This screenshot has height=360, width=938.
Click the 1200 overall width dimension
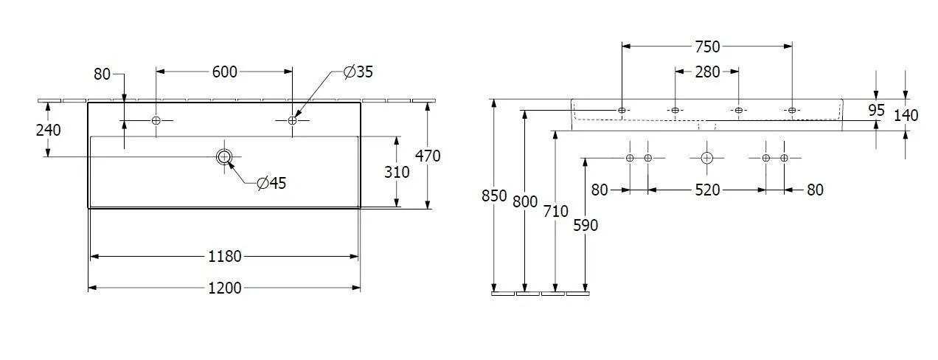pyautogui.click(x=225, y=288)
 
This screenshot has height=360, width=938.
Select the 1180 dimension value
pyautogui.click(x=225, y=256)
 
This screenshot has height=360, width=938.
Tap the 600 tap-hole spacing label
pyautogui.click(x=224, y=72)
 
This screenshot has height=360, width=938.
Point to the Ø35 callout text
pyautogui.click(x=358, y=72)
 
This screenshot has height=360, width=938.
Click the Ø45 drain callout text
pyautogui.click(x=271, y=183)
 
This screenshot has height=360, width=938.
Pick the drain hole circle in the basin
pyautogui.click(x=224, y=157)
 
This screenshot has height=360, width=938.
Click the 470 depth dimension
pyautogui.click(x=428, y=156)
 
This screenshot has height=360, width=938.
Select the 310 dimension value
pyautogui.click(x=397, y=172)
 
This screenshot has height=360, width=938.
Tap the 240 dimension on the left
pyautogui.click(x=48, y=130)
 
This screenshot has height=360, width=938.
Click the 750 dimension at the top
pyautogui.click(x=707, y=46)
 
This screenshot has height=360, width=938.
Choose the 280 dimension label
pyautogui.click(x=707, y=72)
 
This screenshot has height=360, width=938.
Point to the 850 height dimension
pyautogui.click(x=494, y=195)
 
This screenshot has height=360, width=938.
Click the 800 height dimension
pyautogui.click(x=525, y=201)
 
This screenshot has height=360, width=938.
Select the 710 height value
pyautogui.click(x=556, y=211)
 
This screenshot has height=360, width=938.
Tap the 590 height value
pyautogui.click(x=586, y=226)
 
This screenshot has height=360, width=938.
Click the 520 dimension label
pyautogui.click(x=707, y=190)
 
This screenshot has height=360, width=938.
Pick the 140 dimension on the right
pyautogui.click(x=906, y=115)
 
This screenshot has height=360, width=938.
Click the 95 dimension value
pyautogui.click(x=876, y=110)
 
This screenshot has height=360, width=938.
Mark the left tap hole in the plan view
pyautogui.click(x=156, y=121)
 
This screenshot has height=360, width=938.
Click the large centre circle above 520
pyautogui.click(x=707, y=158)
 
